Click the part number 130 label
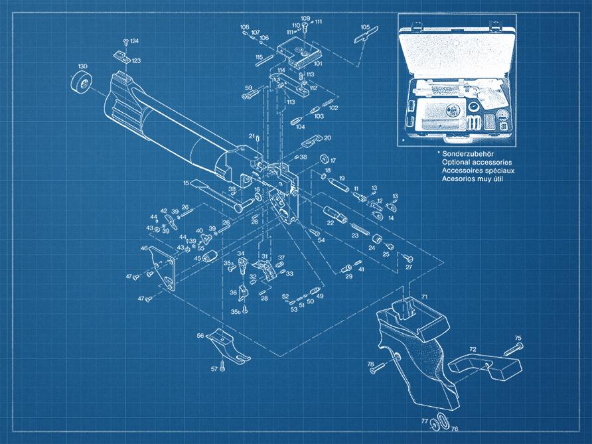[x=82, y=66]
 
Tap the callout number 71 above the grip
[x=424, y=295]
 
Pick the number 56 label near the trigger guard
[x=200, y=336]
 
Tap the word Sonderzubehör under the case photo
[x=469, y=153]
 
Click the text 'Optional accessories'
[x=477, y=162]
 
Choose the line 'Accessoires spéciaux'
[x=477, y=171]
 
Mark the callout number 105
[x=365, y=27]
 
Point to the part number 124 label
[x=135, y=41]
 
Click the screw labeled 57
[x=224, y=366]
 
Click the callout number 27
[x=409, y=267]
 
